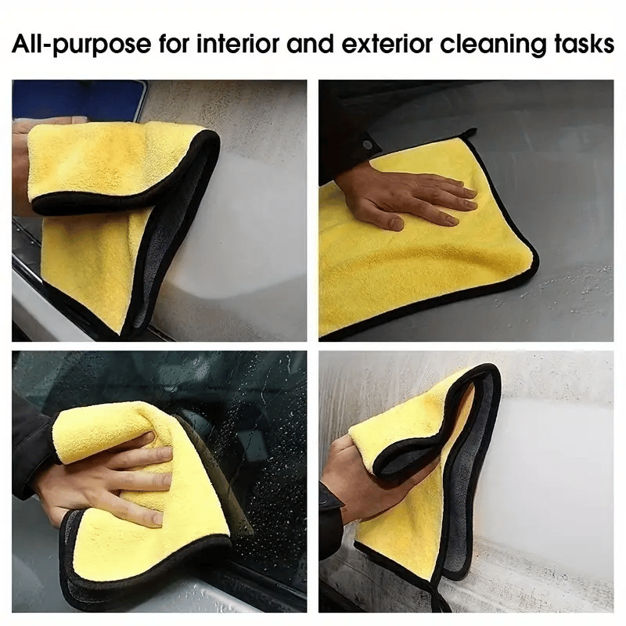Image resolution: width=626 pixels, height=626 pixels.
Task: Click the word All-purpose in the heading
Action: tap(81, 44)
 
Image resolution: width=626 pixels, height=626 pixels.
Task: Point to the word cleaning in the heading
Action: tap(493, 44)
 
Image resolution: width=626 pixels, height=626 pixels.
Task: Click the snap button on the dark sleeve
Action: tap(366, 145)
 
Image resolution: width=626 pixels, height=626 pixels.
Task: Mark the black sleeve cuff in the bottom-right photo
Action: tap(330, 515)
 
